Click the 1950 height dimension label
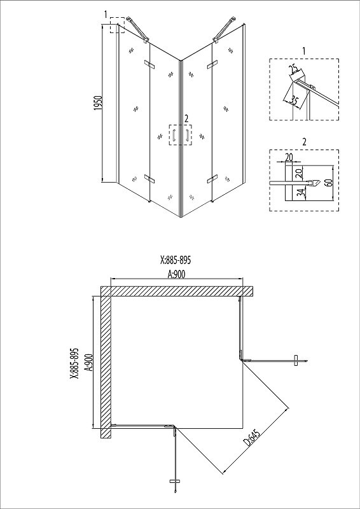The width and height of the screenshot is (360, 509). click(x=98, y=102)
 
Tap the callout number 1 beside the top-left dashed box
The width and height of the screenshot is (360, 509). click(x=106, y=14)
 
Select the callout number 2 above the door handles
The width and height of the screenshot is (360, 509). click(x=186, y=119)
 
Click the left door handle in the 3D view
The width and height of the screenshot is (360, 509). click(x=174, y=135)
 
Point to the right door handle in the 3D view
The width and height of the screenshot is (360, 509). click(x=187, y=136)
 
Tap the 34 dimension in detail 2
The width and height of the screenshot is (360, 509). click(x=301, y=193)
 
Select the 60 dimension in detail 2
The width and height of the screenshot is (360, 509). click(x=329, y=182)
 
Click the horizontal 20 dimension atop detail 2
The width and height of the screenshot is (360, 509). click(x=289, y=157)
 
